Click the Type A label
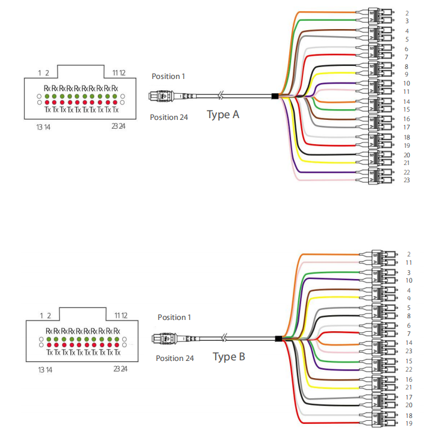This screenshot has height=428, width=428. pos(223,114)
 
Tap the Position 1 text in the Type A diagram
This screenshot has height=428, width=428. pos(168,76)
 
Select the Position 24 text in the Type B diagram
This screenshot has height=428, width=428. pos(175,358)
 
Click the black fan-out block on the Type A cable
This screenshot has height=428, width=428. pos(274,96)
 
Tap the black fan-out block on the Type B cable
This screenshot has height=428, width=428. pos(279,339)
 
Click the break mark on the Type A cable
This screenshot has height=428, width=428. pos(221,96)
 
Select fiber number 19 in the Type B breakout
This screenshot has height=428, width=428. pos(408,423)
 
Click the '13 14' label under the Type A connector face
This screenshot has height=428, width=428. pos(43,126)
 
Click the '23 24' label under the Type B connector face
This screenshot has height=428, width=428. pos(120,369)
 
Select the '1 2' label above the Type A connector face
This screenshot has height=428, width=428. pos(43,72)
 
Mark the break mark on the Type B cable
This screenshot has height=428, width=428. pos(225,339)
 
